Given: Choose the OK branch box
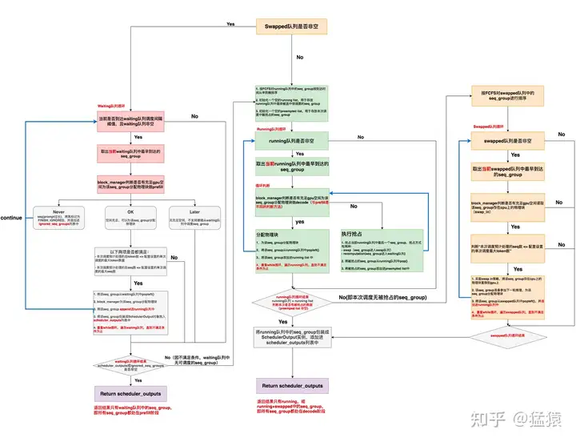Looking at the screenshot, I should [x=130, y=219].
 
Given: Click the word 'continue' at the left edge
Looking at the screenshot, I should [x=12, y=217].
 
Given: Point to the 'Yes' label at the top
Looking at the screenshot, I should [x=231, y=24].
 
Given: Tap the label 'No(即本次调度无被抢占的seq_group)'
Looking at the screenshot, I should [x=384, y=297].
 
